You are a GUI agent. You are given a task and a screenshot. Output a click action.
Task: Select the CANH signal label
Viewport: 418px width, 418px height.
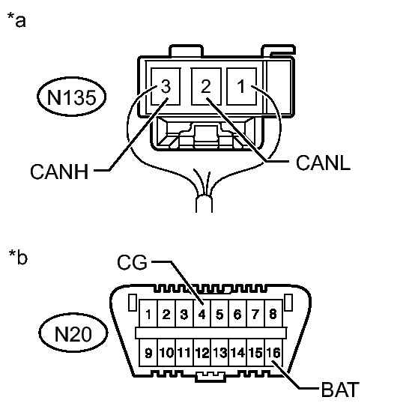(x=59, y=172)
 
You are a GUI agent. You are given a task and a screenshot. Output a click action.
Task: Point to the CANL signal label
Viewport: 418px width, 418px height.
(x=323, y=163)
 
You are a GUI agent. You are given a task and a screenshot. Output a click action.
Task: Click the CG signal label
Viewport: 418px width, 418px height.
(x=133, y=262)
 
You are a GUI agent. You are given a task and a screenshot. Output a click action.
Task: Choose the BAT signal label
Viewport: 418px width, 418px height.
(x=340, y=390)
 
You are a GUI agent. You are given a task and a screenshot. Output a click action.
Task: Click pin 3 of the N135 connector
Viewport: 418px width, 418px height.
(x=166, y=87)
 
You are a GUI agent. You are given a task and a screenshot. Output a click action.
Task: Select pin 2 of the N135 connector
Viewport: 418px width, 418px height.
(x=206, y=87)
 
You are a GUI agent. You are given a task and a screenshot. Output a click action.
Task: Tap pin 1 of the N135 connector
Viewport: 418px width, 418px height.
(x=241, y=87)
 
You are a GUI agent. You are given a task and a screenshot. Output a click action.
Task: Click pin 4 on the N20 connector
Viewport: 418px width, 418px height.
(x=202, y=313)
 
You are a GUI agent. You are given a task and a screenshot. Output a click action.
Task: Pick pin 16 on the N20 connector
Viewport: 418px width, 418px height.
(x=273, y=352)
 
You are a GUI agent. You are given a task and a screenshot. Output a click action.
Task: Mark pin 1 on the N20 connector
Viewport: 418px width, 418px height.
(x=148, y=313)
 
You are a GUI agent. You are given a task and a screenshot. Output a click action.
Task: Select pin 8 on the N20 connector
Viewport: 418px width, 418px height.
(x=273, y=313)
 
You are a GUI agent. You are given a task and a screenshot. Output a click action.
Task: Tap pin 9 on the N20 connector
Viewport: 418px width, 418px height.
(x=148, y=352)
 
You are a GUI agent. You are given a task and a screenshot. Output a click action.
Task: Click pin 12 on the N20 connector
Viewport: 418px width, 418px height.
(x=202, y=352)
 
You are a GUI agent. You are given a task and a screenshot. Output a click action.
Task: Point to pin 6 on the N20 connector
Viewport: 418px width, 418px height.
(x=237, y=313)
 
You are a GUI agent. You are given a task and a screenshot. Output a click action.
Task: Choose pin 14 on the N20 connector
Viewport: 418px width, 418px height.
(x=237, y=352)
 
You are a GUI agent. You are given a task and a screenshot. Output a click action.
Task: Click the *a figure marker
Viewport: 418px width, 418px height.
(x=16, y=19)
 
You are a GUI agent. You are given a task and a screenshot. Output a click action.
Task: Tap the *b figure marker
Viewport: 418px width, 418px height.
(x=18, y=257)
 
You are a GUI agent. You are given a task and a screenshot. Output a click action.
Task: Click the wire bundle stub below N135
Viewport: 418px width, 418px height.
(x=205, y=204)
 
